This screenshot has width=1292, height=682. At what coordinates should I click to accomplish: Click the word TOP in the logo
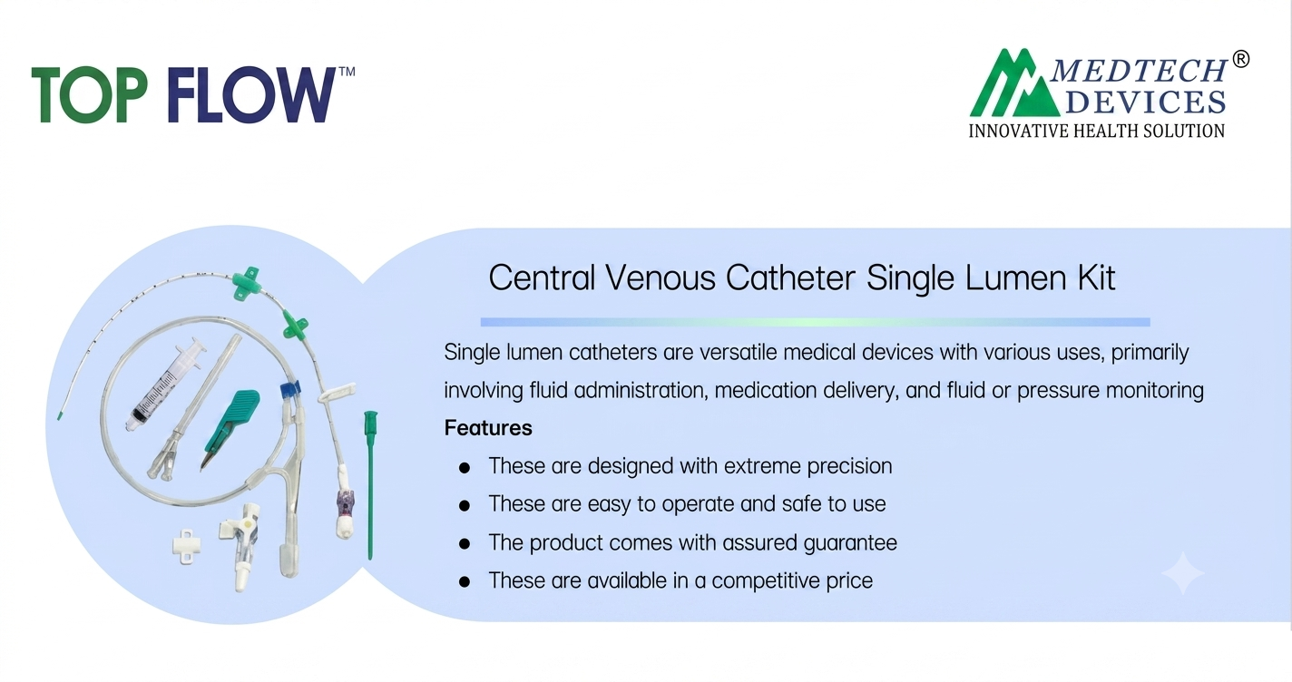pyautogui.click(x=89, y=94)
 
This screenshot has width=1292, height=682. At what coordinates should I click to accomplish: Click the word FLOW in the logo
pyautogui.click(x=252, y=94)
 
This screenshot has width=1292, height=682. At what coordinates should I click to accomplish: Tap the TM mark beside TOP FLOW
pyautogui.click(x=347, y=72)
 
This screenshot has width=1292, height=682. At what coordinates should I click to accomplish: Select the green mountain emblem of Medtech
pyautogui.click(x=1015, y=83)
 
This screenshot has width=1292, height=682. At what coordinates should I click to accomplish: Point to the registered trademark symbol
pyautogui.click(x=1241, y=59)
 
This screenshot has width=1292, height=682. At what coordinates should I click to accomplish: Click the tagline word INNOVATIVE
pyautogui.click(x=1019, y=132)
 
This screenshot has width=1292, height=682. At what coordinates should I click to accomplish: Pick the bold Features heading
pyautogui.click(x=488, y=428)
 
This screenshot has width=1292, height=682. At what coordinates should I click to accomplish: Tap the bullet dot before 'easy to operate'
pyautogui.click(x=465, y=505)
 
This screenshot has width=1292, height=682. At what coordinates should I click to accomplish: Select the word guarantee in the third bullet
pyautogui.click(x=850, y=543)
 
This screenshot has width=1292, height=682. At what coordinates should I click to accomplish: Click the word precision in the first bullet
pyautogui.click(x=849, y=466)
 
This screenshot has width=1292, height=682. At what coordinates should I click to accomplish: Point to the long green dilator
pyautogui.click(x=370, y=484)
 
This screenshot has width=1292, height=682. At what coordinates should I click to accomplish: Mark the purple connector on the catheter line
pyautogui.click(x=346, y=502)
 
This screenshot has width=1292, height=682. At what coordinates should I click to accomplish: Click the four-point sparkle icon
pyautogui.click(x=1182, y=573)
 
